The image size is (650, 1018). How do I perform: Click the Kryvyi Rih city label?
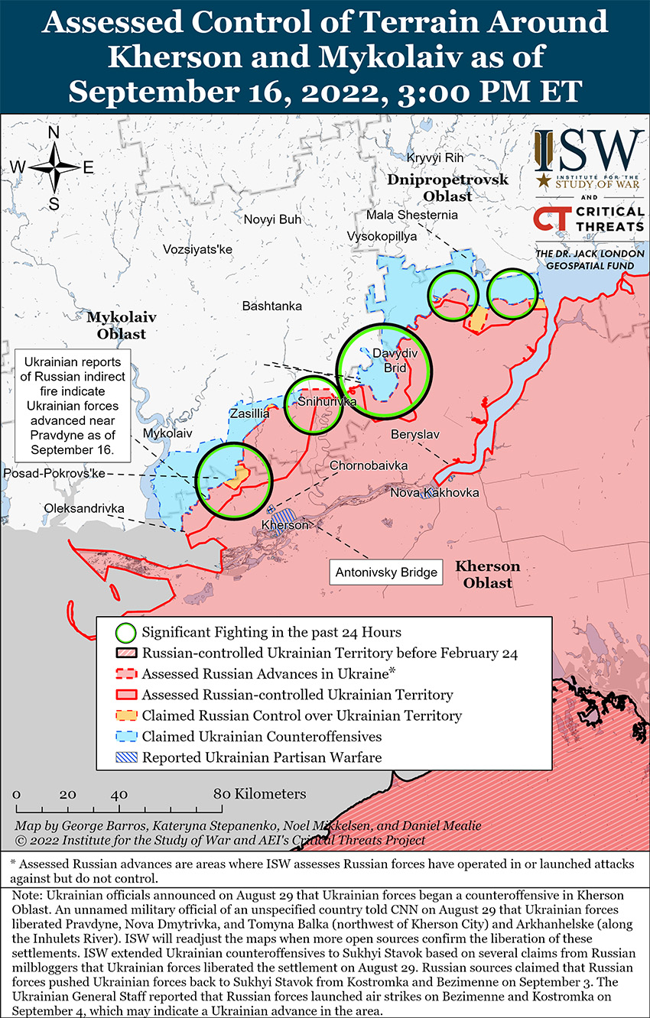point(435,157)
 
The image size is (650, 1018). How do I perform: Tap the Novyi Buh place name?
point(272,219)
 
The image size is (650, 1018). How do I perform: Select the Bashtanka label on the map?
point(271,306)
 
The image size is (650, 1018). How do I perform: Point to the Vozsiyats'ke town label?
point(197,249)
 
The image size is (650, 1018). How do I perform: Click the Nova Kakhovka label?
point(434,492)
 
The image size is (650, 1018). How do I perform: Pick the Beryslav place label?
point(414,434)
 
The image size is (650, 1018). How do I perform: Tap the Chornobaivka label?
point(369,465)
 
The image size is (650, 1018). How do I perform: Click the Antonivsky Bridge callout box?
point(386,572)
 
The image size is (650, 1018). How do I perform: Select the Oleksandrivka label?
point(84,508)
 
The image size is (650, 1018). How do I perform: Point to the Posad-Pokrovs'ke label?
point(54,475)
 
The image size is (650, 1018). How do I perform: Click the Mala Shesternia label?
point(411,215)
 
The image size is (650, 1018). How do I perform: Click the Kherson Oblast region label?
point(487,575)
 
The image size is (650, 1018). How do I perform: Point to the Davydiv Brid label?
point(390,360)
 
